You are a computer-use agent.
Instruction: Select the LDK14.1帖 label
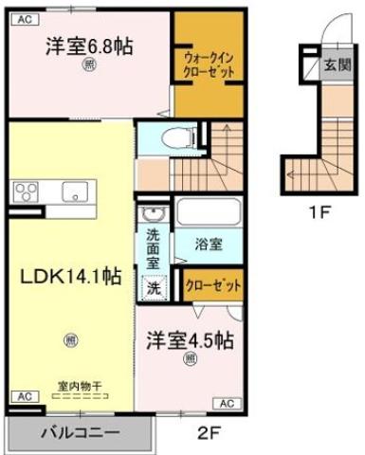[70, 276]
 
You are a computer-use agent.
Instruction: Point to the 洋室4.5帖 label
[191, 339]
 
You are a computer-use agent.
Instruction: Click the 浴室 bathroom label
[210, 244]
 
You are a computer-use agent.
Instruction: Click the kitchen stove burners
[27, 191]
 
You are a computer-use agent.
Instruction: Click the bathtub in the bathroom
[210, 212]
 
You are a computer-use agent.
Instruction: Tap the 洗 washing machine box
[152, 284]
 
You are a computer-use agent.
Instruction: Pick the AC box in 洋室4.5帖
[228, 403]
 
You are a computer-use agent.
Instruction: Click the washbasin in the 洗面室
[152, 213]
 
